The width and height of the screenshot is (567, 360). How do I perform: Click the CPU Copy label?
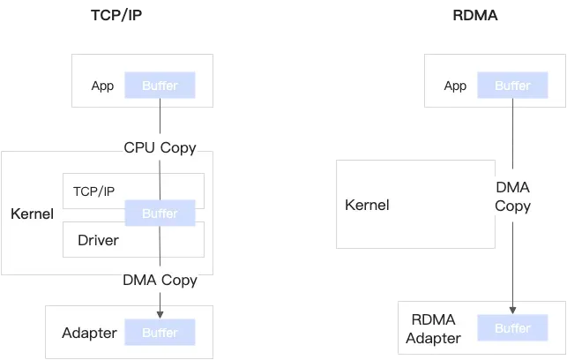click(x=160, y=147)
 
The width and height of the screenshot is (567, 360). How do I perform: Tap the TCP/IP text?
click(x=93, y=191)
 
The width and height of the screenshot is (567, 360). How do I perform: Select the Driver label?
click(x=98, y=240)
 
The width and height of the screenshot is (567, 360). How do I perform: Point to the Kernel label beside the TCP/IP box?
click(x=32, y=214)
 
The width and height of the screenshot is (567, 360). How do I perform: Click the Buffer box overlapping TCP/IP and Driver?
click(x=160, y=214)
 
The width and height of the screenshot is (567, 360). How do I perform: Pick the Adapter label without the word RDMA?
click(x=89, y=333)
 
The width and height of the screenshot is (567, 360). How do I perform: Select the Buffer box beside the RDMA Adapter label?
click(x=512, y=328)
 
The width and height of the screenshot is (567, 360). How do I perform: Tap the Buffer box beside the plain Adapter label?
click(x=160, y=333)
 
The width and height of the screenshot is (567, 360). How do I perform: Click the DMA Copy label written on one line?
click(x=160, y=281)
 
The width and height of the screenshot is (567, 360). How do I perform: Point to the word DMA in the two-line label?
click(x=512, y=187)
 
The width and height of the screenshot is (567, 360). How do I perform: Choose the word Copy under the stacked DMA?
click(x=512, y=206)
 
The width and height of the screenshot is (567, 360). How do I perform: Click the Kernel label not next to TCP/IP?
click(x=367, y=206)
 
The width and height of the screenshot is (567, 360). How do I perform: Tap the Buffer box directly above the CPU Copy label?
click(x=160, y=86)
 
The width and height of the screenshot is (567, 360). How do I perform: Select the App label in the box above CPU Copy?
click(x=103, y=86)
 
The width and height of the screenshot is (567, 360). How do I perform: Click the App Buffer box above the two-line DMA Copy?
click(x=512, y=86)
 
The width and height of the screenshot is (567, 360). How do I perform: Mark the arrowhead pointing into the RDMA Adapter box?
click(x=512, y=308)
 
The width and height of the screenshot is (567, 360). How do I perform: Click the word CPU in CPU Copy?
click(x=138, y=147)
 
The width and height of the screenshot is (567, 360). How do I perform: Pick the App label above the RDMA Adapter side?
click(x=455, y=86)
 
